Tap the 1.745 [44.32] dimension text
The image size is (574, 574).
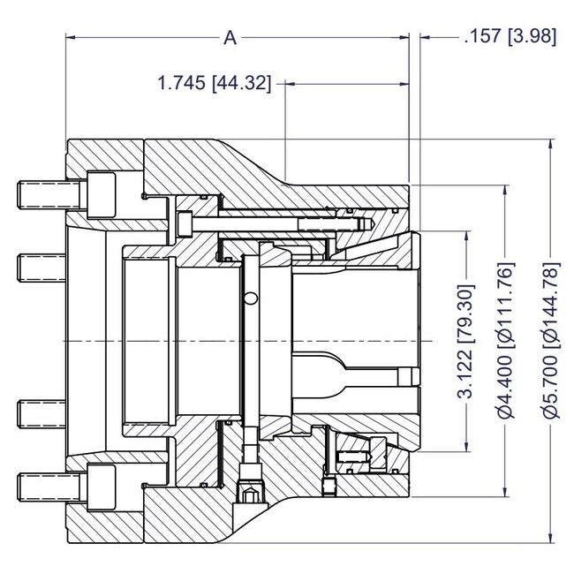(214, 84)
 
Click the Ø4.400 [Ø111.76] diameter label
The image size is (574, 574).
(506, 341)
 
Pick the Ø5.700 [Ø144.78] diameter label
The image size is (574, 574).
(551, 341)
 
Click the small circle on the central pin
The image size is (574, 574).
(253, 297)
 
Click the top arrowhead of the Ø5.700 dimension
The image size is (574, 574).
(551, 144)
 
